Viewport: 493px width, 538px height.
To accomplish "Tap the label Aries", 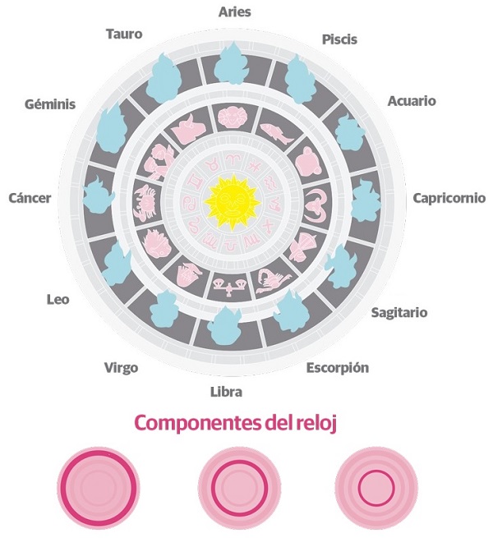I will tap(234, 11).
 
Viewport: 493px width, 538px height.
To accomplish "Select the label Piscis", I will tap(339, 39).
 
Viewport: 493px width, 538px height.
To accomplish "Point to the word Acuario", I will tap(411, 101).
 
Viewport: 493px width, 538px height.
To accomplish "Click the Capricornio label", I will tap(449, 198).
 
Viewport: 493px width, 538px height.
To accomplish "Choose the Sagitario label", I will tap(399, 312).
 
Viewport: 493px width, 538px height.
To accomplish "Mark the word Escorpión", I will tap(337, 367).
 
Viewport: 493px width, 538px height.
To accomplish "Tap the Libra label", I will tap(226, 392).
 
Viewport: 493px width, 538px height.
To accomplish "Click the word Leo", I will tap(57, 299).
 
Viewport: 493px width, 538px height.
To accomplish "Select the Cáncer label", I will tap(30, 198).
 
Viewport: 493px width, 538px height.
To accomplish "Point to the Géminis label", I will tap(50, 104).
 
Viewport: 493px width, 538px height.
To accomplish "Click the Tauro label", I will tap(124, 34).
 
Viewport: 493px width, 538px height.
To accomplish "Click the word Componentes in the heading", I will tap(193, 425).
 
